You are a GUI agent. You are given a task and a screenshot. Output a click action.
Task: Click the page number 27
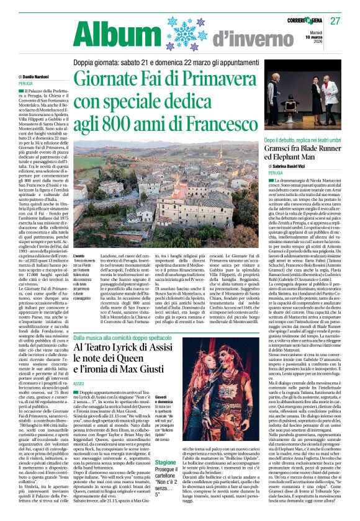pyautogui.click(x=335, y=21)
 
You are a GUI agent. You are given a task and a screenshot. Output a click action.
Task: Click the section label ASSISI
pyautogui.click(x=79, y=384)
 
